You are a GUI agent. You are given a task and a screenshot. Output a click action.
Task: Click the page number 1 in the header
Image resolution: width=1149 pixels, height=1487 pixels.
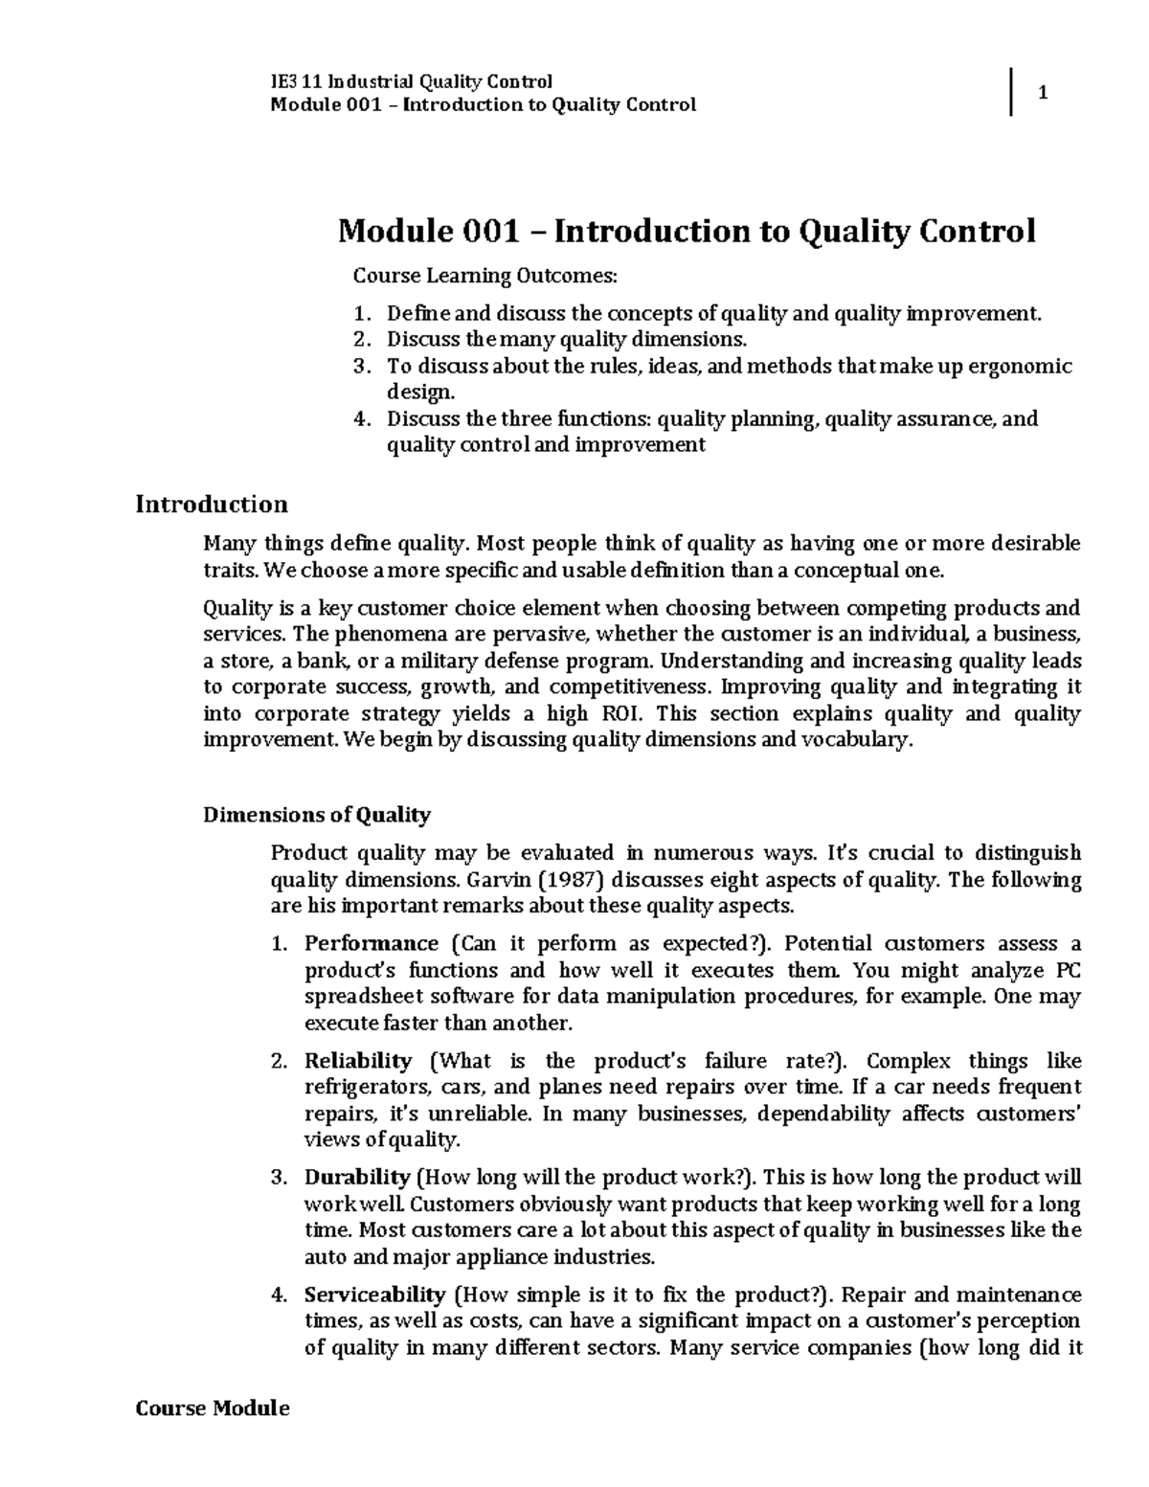tap(1044, 94)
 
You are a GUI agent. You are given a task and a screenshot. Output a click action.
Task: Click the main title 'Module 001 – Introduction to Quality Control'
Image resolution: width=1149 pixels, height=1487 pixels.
tap(687, 232)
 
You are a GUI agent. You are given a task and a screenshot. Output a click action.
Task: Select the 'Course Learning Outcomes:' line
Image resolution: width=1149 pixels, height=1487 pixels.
tap(485, 277)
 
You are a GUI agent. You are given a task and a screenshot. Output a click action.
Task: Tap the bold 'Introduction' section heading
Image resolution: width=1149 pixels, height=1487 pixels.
tap(212, 505)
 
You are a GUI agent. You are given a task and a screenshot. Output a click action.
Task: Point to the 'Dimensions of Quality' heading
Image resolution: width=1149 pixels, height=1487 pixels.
tap(317, 815)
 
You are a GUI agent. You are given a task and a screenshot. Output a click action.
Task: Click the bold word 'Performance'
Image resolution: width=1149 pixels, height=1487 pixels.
tap(371, 943)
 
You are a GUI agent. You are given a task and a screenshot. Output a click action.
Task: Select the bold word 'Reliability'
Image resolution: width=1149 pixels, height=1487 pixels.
tap(358, 1061)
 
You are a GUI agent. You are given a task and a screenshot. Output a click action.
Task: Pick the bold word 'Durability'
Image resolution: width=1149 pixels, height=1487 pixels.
tap(357, 1178)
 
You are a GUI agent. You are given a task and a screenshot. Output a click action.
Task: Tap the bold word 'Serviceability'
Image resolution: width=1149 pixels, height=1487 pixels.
tap(374, 1295)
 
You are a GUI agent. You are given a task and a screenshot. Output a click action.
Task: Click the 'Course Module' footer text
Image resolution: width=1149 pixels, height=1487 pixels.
tap(212, 1408)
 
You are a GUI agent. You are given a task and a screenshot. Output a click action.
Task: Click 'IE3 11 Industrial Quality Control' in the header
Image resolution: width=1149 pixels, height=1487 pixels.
tap(413, 81)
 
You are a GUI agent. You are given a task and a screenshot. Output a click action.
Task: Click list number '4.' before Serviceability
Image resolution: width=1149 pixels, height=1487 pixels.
tap(280, 1295)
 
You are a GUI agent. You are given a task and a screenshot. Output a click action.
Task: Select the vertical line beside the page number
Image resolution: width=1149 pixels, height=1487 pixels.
tap(1011, 93)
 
